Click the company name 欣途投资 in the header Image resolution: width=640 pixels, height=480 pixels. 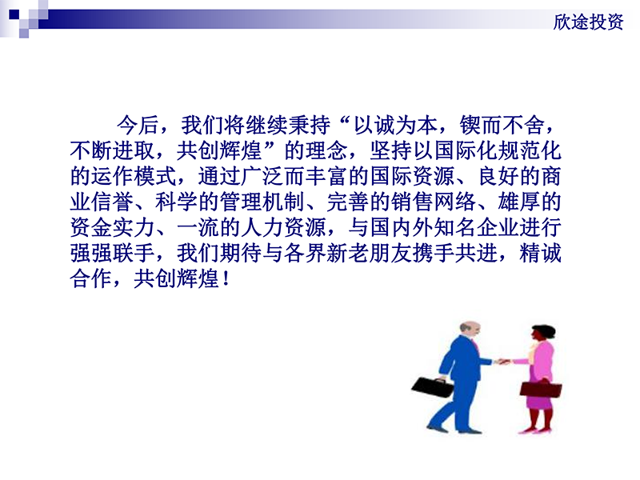588,22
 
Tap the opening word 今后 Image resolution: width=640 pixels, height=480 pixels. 138,125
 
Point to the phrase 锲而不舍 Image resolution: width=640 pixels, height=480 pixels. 502,125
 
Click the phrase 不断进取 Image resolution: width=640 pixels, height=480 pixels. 112,150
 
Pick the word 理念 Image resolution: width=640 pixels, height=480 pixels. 326,150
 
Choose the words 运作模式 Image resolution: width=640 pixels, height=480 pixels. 134,176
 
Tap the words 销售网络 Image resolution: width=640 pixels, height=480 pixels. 433,202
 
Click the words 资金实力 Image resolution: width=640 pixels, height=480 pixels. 112,227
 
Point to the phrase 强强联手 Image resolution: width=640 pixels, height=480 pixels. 112,253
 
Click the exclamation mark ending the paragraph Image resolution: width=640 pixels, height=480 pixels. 226,279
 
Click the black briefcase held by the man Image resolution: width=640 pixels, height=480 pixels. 433,386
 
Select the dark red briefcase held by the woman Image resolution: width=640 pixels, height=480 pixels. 541,389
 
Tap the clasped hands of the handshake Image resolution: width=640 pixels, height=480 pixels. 502,362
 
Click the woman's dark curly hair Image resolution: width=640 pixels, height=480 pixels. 544,331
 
